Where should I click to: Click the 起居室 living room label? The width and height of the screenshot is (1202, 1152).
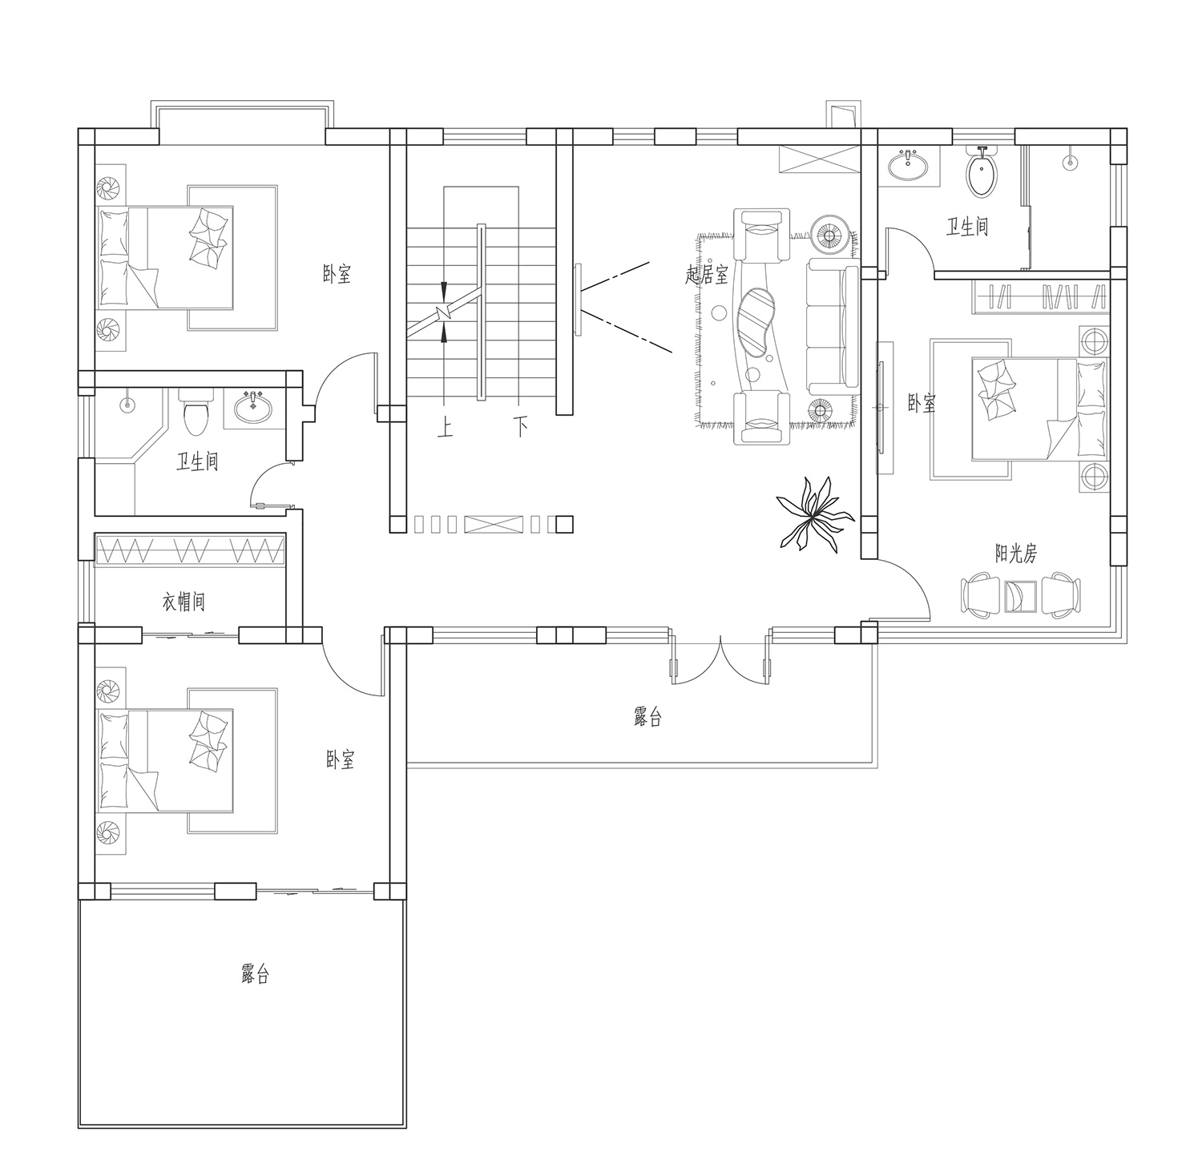(x=707, y=275)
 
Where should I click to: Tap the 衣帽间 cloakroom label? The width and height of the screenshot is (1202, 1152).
(x=184, y=601)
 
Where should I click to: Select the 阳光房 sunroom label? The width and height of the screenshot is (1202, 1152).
(x=1016, y=553)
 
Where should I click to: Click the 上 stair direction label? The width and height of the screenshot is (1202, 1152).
(x=445, y=427)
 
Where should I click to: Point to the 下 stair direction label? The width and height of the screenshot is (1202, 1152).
(x=521, y=427)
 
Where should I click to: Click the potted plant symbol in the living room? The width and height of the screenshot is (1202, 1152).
(x=811, y=514)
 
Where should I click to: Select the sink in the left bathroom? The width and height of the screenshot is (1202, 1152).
(x=253, y=408)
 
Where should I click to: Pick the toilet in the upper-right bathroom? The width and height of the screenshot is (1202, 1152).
(x=982, y=171)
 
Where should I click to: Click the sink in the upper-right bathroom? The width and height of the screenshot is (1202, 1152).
(x=908, y=166)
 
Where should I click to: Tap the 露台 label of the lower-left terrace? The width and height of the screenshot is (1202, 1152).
(x=255, y=974)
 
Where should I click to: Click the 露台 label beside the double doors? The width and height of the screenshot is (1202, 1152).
(x=647, y=717)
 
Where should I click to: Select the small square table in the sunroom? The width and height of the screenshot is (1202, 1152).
(x=1022, y=595)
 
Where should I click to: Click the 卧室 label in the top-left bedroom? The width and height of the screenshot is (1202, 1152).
(x=337, y=275)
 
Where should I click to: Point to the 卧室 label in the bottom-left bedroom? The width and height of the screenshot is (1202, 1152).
(x=341, y=759)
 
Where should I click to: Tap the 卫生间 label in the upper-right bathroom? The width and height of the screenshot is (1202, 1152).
(x=967, y=227)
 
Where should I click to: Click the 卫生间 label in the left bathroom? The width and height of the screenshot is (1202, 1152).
(x=197, y=461)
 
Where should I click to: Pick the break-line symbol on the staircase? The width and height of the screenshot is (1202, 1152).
(x=444, y=312)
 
